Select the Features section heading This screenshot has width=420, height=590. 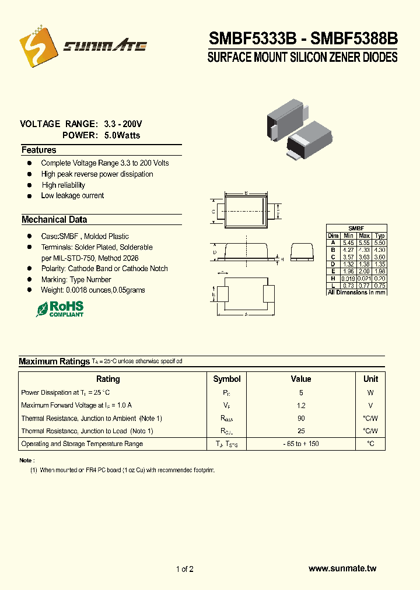38,150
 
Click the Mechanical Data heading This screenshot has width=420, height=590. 54,220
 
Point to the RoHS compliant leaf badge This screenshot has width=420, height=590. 60,308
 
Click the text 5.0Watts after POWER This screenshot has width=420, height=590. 122,135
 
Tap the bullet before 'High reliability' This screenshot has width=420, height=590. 29,185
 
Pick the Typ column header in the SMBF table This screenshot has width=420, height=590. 380,236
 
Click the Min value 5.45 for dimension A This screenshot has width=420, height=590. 349,243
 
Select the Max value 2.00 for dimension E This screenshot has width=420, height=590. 365,271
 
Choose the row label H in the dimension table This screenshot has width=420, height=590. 333,278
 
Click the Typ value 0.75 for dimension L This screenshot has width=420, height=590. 380,285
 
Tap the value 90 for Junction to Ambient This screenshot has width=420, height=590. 301,418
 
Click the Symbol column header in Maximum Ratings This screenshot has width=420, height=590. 227,379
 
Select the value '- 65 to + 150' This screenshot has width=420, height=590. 301,444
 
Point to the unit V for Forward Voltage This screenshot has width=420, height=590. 370,405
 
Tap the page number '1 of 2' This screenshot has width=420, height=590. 184,569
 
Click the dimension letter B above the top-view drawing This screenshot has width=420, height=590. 246,193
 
